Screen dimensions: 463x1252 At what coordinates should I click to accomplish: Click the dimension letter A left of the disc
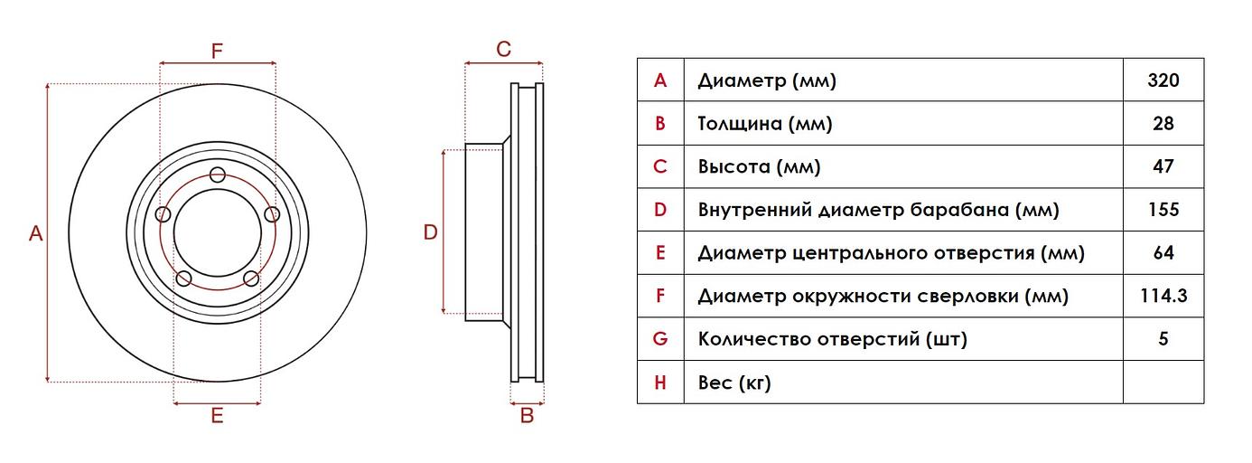[x=35, y=233]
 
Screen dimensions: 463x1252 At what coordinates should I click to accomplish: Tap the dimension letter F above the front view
[x=217, y=51]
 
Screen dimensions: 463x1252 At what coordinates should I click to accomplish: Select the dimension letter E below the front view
[x=217, y=416]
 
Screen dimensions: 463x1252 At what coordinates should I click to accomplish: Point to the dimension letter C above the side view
[x=504, y=50]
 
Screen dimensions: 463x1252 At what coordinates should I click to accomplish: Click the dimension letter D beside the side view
[x=431, y=232]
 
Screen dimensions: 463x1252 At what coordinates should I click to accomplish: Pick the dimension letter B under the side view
[x=528, y=416]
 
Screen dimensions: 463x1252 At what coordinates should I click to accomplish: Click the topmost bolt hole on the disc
[x=217, y=175]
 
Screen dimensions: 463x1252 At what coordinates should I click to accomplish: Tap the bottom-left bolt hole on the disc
[x=183, y=278]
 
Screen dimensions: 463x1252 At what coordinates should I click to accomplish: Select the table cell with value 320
[x=1163, y=80]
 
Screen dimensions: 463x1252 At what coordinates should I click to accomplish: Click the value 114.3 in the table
[x=1163, y=296]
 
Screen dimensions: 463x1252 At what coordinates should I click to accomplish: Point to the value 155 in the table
[x=1163, y=210]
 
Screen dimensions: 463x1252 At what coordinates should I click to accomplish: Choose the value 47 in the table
[x=1163, y=166]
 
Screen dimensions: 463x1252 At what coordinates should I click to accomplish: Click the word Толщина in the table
[x=740, y=124]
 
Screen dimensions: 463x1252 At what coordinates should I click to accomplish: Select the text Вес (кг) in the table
[x=734, y=383]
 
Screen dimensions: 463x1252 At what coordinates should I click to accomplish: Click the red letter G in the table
[x=660, y=339]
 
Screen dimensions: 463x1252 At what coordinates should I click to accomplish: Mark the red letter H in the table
[x=660, y=383]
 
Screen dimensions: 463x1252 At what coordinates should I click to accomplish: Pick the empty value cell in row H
[x=1163, y=383]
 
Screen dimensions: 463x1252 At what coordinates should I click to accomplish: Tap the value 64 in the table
[x=1163, y=253]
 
